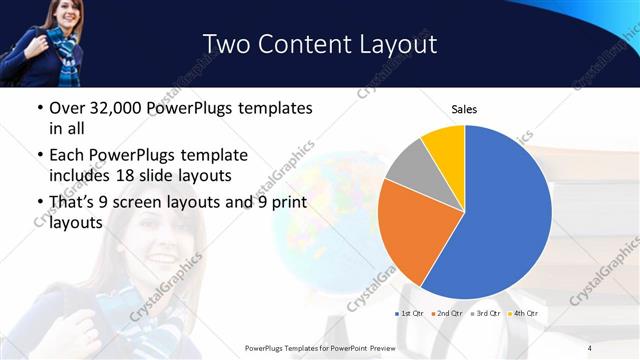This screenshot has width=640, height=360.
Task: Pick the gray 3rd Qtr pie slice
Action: click(411, 168)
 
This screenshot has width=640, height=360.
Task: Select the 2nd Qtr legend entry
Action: click(448, 314)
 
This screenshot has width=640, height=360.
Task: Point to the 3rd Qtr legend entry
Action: click(485, 314)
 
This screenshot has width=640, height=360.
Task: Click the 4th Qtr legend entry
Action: click(523, 314)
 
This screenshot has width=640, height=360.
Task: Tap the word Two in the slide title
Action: click(226, 44)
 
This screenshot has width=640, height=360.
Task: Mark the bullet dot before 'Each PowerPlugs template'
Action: click(38, 156)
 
